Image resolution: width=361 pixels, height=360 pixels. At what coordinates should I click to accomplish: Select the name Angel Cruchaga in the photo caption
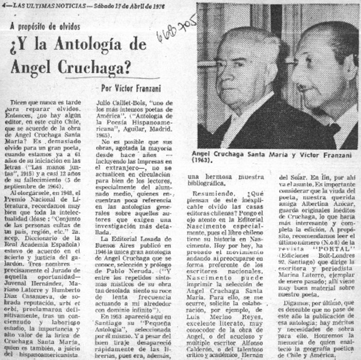click(226, 154)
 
